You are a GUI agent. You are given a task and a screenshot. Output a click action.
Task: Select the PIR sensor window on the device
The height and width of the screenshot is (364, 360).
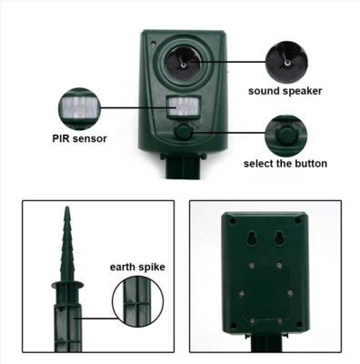(182, 109)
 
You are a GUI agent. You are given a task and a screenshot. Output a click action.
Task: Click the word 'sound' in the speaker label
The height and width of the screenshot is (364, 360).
(265, 91)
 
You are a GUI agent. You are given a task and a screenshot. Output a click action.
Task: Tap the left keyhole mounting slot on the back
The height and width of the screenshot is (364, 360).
(245, 238)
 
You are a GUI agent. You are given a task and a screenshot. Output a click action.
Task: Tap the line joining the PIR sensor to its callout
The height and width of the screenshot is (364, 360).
(136, 107)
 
